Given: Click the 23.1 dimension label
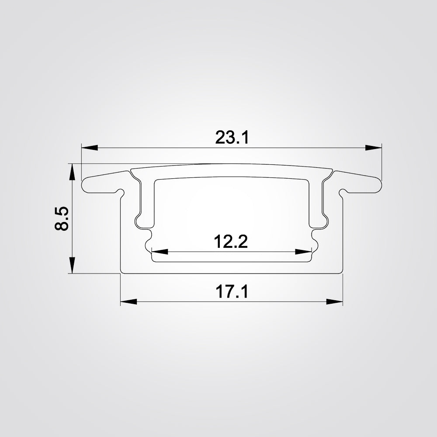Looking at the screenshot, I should (232, 138).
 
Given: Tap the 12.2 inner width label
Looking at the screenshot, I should (231, 241).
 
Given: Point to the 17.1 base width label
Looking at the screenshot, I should (232, 291).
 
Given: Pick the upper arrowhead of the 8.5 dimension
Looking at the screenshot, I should (71, 172).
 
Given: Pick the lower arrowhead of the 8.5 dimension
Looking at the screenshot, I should (71, 266).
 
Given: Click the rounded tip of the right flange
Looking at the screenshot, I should (379, 184).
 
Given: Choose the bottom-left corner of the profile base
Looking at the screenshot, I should (121, 273).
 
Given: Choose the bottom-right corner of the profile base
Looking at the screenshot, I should (341, 273).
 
